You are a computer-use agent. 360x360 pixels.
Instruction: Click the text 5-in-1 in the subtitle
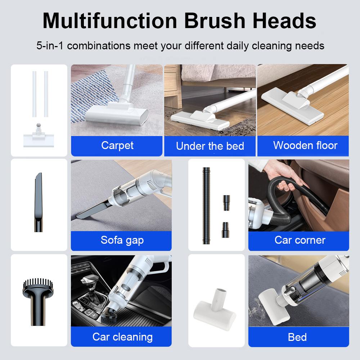click(x=50, y=46)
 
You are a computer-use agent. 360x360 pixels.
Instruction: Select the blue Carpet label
click(x=117, y=145)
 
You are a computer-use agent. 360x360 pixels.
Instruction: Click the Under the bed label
click(x=210, y=146)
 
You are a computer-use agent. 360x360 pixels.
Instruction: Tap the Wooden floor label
click(x=305, y=145)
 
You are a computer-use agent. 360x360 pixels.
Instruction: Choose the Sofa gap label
click(x=122, y=240)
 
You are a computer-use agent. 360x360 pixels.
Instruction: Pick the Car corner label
click(x=300, y=240)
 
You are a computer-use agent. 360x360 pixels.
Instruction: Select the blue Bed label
click(x=297, y=337)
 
